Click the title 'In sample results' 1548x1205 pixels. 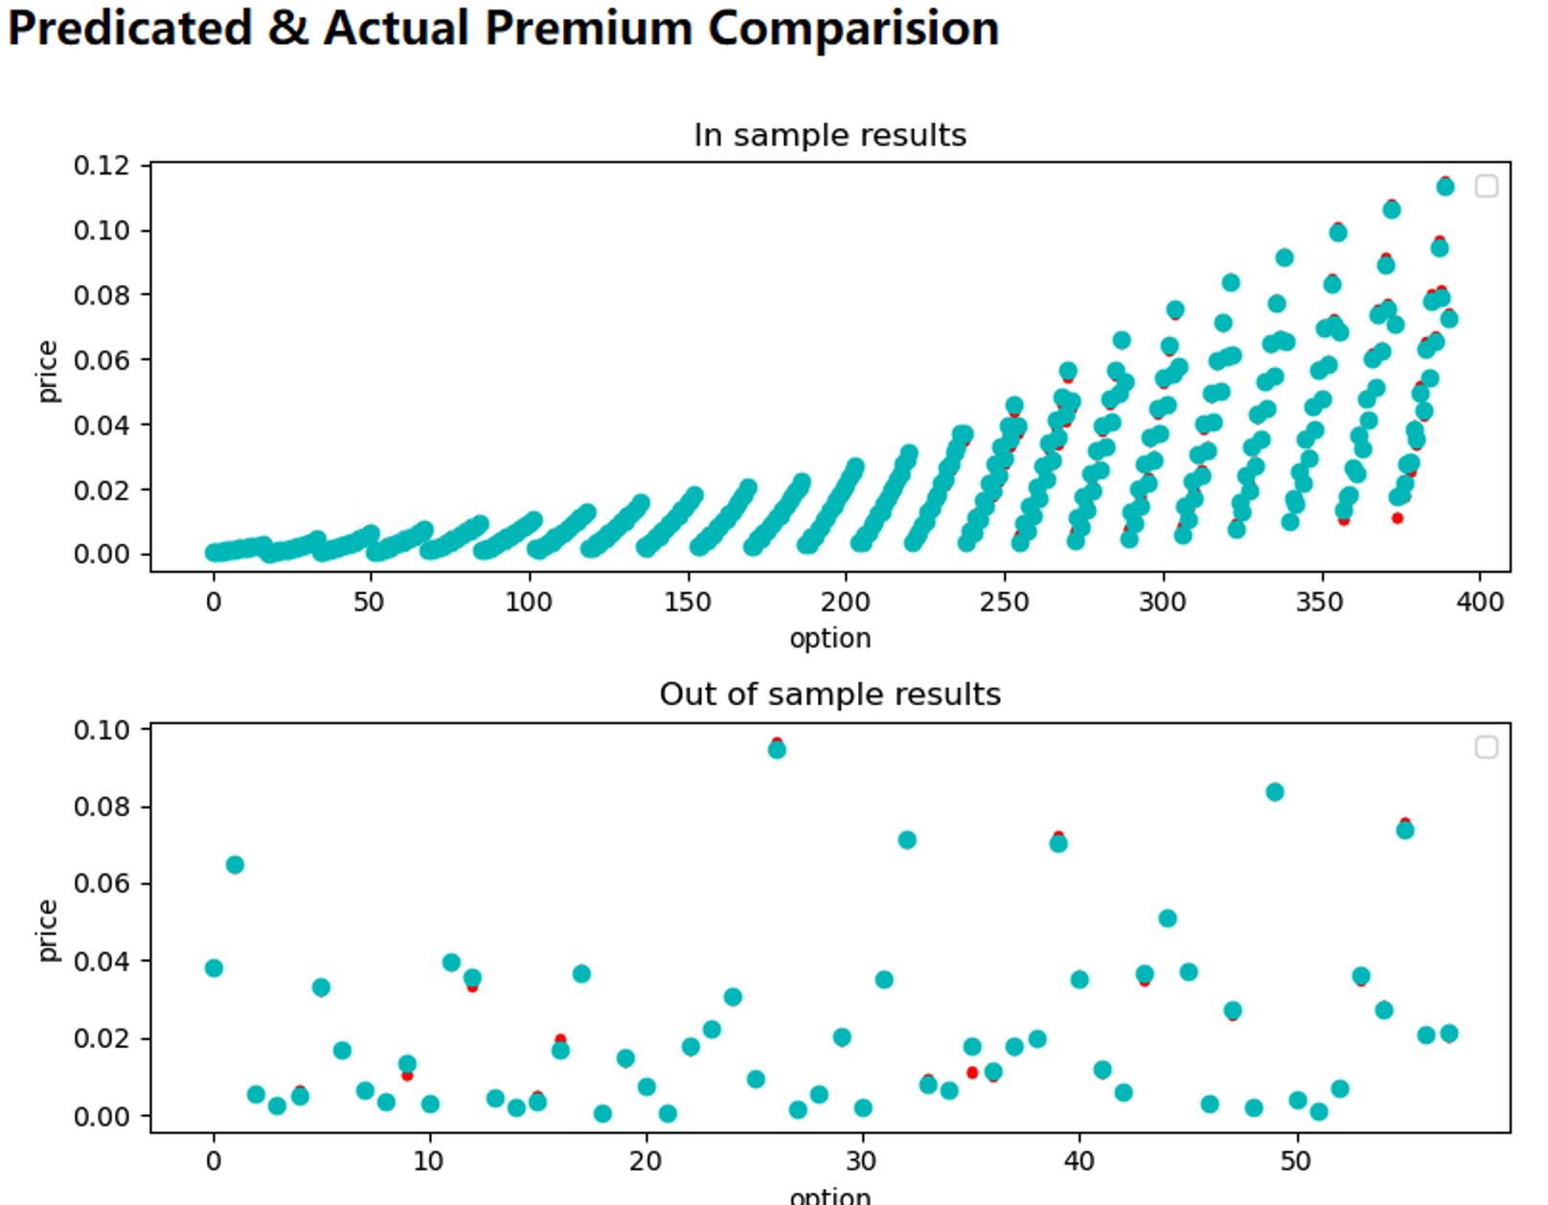830,135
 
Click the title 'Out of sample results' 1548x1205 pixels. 830,694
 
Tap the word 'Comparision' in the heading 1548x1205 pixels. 853,28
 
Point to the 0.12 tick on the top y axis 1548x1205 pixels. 101,166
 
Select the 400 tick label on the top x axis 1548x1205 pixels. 1480,602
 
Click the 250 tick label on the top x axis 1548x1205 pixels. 1004,602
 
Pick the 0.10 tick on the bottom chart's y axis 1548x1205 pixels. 101,730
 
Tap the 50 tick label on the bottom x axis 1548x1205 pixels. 1295,1162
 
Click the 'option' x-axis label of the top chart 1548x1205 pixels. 830,638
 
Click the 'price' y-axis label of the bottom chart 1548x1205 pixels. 47,930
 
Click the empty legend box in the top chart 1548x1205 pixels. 1486,187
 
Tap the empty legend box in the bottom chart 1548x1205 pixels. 1486,747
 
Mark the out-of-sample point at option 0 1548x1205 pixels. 214,968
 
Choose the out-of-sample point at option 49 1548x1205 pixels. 1275,792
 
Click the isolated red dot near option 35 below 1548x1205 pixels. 972,1073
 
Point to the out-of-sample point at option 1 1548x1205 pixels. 235,865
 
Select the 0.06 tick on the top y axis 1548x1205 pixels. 101,360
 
